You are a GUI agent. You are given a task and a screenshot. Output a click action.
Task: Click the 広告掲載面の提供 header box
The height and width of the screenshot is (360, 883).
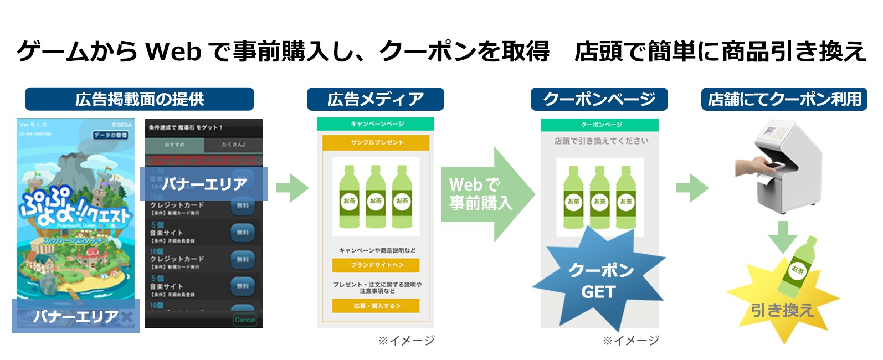pyautogui.click(x=139, y=99)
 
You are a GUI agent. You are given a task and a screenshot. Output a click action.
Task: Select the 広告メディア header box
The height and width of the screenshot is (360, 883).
pyautogui.click(x=375, y=99)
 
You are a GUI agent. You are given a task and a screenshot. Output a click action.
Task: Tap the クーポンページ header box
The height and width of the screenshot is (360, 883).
pyautogui.click(x=599, y=99)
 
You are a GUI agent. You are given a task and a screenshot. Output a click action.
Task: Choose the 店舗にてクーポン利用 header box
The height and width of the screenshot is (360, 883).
pyautogui.click(x=784, y=99)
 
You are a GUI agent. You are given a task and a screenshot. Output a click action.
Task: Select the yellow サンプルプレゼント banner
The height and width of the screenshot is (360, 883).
pyautogui.click(x=376, y=142)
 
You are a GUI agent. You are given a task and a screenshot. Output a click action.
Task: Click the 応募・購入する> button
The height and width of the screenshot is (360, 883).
pyautogui.click(x=376, y=306)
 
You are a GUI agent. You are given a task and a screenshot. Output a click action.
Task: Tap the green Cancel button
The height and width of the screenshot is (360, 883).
pyautogui.click(x=245, y=320)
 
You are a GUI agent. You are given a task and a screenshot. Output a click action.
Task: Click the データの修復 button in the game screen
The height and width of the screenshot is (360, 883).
pyautogui.click(x=111, y=135)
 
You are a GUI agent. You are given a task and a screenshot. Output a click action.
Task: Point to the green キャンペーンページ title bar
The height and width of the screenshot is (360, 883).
pyautogui.click(x=376, y=124)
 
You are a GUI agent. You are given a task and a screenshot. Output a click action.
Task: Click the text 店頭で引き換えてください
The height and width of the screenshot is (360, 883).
pyautogui.click(x=600, y=141)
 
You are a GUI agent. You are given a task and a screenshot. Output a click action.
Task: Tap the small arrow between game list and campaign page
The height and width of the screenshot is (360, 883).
pyautogui.click(x=291, y=188)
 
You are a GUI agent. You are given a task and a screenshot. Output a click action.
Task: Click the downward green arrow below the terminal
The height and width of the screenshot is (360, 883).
pyautogui.click(x=782, y=235)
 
